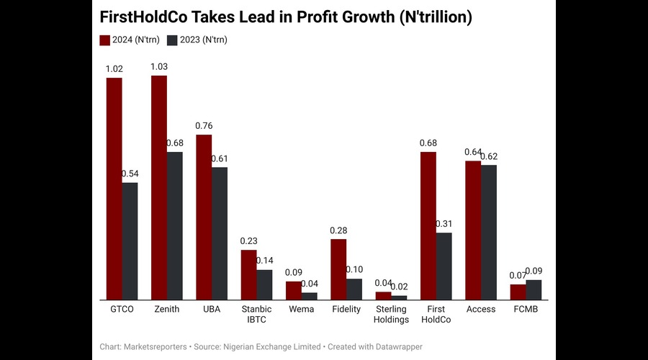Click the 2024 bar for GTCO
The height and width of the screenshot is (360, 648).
point(114,188)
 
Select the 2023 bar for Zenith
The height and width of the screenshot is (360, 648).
point(174,225)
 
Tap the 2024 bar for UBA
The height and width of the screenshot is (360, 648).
point(204,217)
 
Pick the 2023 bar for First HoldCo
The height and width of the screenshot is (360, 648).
point(444,266)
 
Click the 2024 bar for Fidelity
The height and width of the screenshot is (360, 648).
point(338,269)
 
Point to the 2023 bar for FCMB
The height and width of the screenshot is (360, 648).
point(534,289)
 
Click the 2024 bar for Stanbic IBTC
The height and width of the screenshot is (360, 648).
point(248,274)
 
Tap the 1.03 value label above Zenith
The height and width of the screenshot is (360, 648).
point(159,66)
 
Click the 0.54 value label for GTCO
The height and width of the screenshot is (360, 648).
point(130,174)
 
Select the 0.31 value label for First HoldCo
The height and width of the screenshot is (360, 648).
point(444,224)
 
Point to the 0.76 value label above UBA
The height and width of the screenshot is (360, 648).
point(204,126)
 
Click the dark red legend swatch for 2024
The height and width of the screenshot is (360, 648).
point(105,40)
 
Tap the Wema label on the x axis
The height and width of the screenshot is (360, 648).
point(301,309)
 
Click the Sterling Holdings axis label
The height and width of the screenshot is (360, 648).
point(391,314)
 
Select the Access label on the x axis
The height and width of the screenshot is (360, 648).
point(481,309)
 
